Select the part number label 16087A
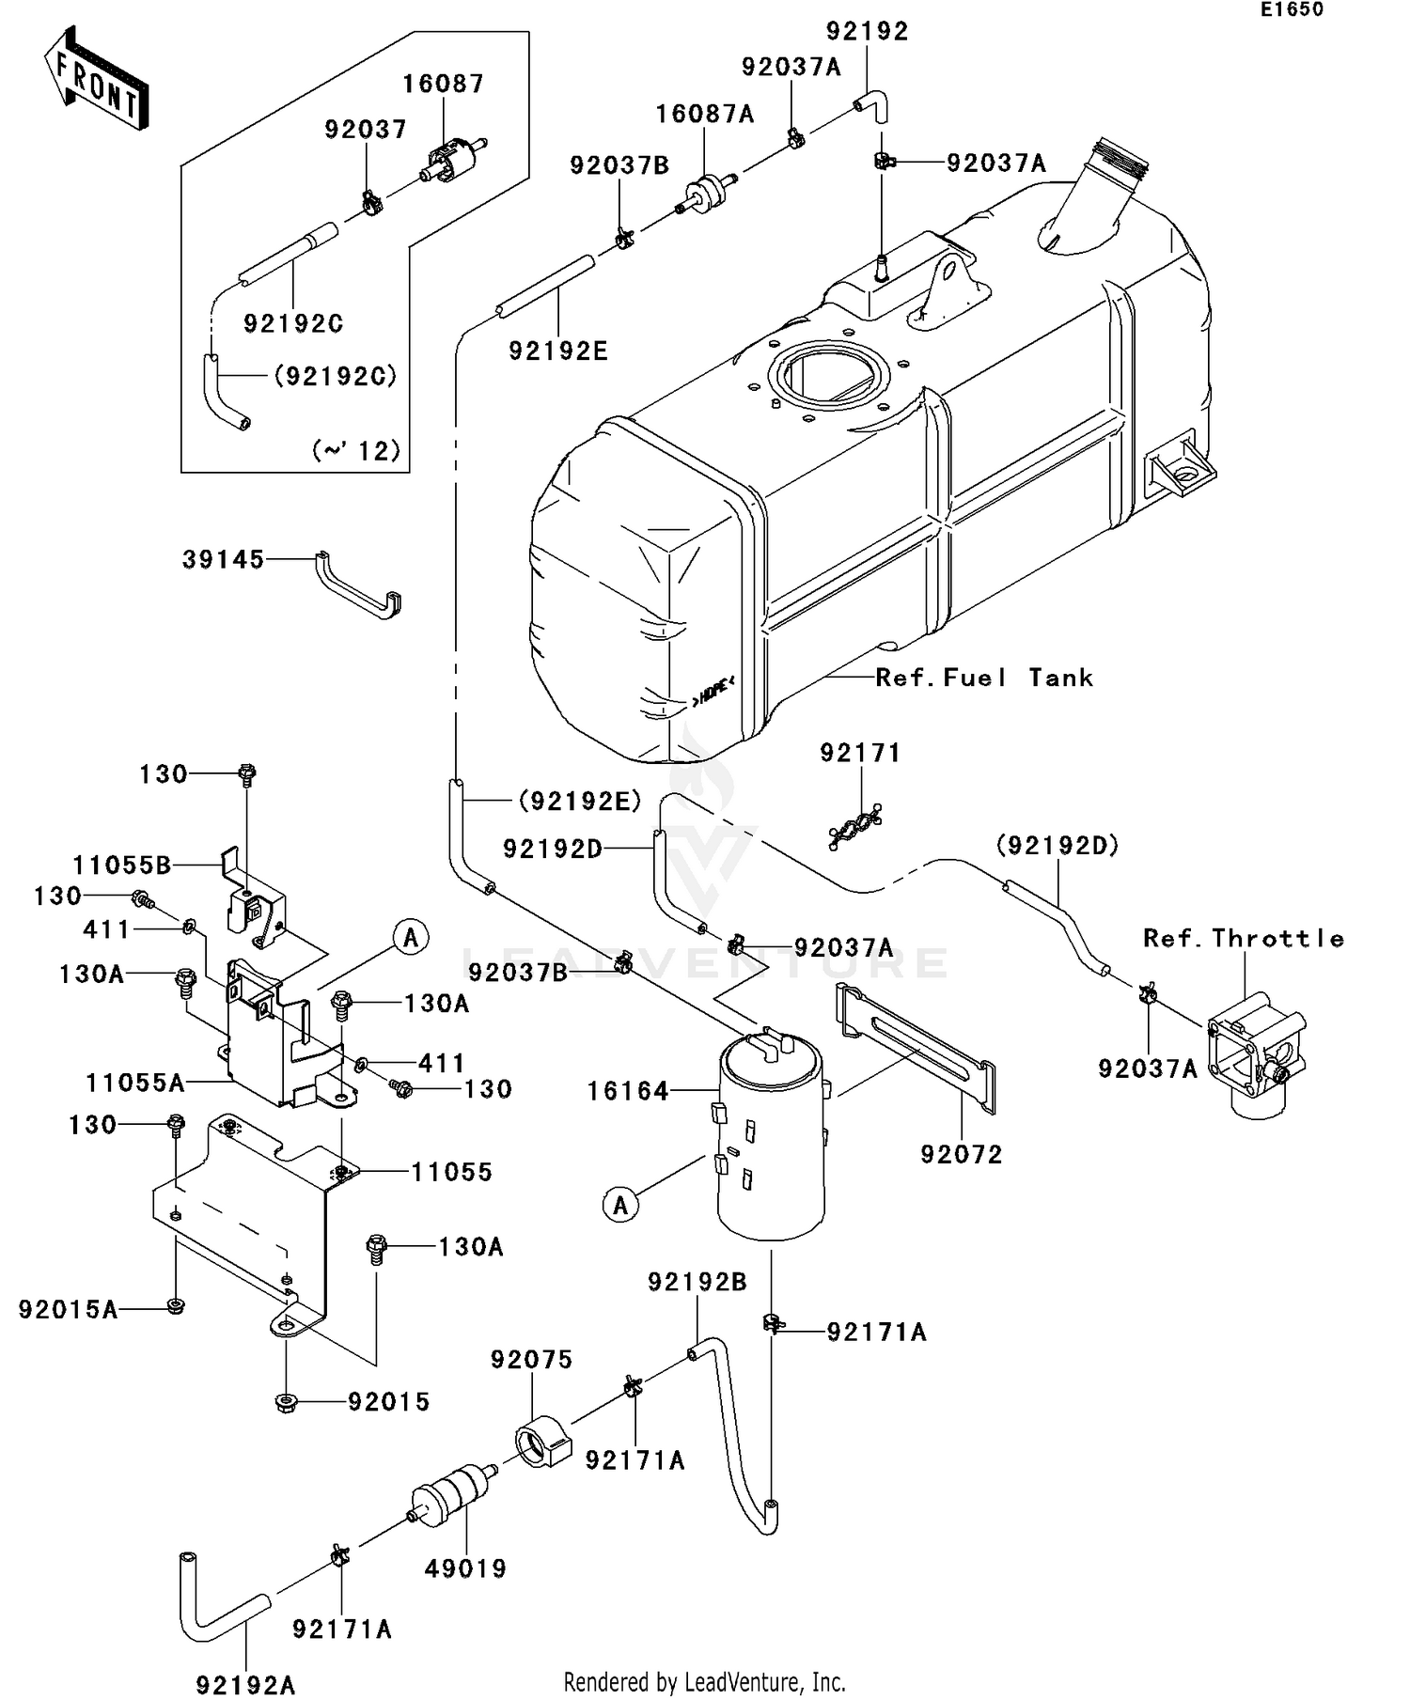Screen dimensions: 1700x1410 pos(704,114)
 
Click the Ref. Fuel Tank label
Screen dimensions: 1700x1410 pos(983,678)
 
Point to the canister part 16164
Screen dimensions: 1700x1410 pos(770,1137)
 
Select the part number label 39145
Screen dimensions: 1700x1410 pos(223,560)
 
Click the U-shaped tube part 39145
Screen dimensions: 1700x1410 pos(357,587)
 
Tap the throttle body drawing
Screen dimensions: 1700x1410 pos(1255,1057)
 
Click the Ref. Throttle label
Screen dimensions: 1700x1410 pos(1243,938)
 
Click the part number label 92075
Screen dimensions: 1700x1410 pos(531,1360)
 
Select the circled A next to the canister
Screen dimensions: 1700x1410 pos(619,1205)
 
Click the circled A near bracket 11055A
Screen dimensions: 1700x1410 pos(411,937)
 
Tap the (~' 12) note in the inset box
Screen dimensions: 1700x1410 pos(355,451)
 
